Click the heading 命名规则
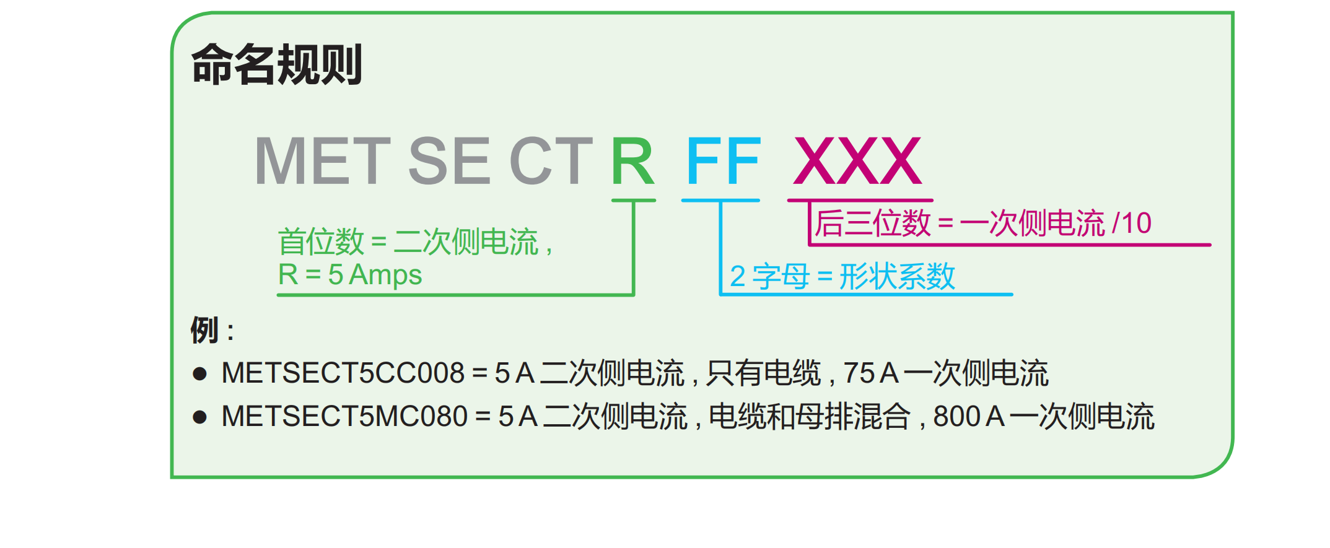pos(277,64)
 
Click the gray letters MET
pos(323,161)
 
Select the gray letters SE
pos(450,161)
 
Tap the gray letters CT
pos(551,161)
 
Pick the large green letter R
pos(632,161)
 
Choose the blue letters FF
pos(723,161)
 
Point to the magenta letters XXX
pos(858,161)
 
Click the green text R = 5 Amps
pos(350,275)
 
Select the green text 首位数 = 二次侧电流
pos(408,241)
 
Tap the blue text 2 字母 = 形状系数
pos(842,276)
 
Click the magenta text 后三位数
pos(873,223)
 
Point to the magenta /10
pos(1132,223)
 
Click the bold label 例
pos(204,329)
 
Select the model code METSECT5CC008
pos(343,373)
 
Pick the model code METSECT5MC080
pos(344,417)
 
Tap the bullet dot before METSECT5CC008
pos(199,373)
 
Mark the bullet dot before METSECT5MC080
pos(199,417)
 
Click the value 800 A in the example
pos(969,417)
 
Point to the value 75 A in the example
pos(871,373)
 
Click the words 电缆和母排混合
pos(810,417)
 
